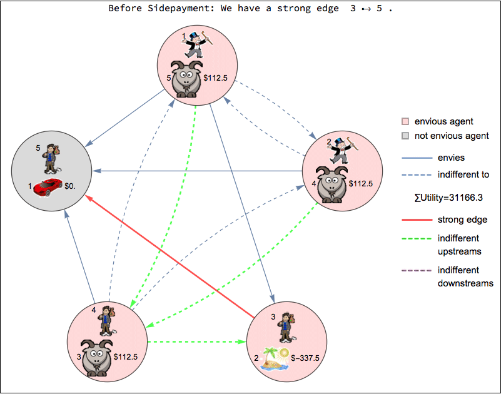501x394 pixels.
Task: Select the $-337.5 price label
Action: pos(306,358)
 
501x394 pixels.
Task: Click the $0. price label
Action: pos(73,186)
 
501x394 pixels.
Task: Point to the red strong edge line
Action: pos(169,256)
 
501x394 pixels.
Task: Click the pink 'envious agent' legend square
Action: pos(405,121)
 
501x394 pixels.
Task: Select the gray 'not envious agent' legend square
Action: pos(405,136)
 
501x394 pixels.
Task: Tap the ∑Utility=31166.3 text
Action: pos(450,198)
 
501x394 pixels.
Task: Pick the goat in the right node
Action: pos(332,184)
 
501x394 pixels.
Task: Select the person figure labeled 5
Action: pos(52,158)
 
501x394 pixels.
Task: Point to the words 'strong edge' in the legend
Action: pos(463,220)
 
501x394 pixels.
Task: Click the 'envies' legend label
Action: pos(452,158)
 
